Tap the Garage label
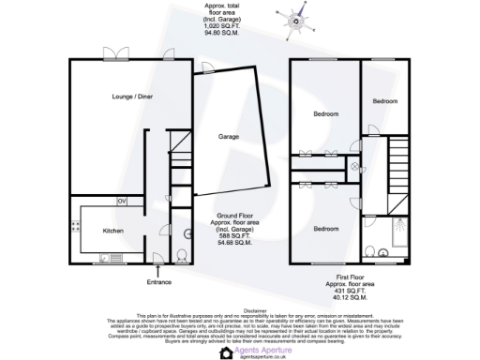pos(228,136)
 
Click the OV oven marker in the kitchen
pos(121,202)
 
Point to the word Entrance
pos(160,281)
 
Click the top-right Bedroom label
pos(385,100)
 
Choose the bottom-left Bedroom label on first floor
pos(326,229)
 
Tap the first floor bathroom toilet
pos(372,250)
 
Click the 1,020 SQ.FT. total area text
pos(219,25)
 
